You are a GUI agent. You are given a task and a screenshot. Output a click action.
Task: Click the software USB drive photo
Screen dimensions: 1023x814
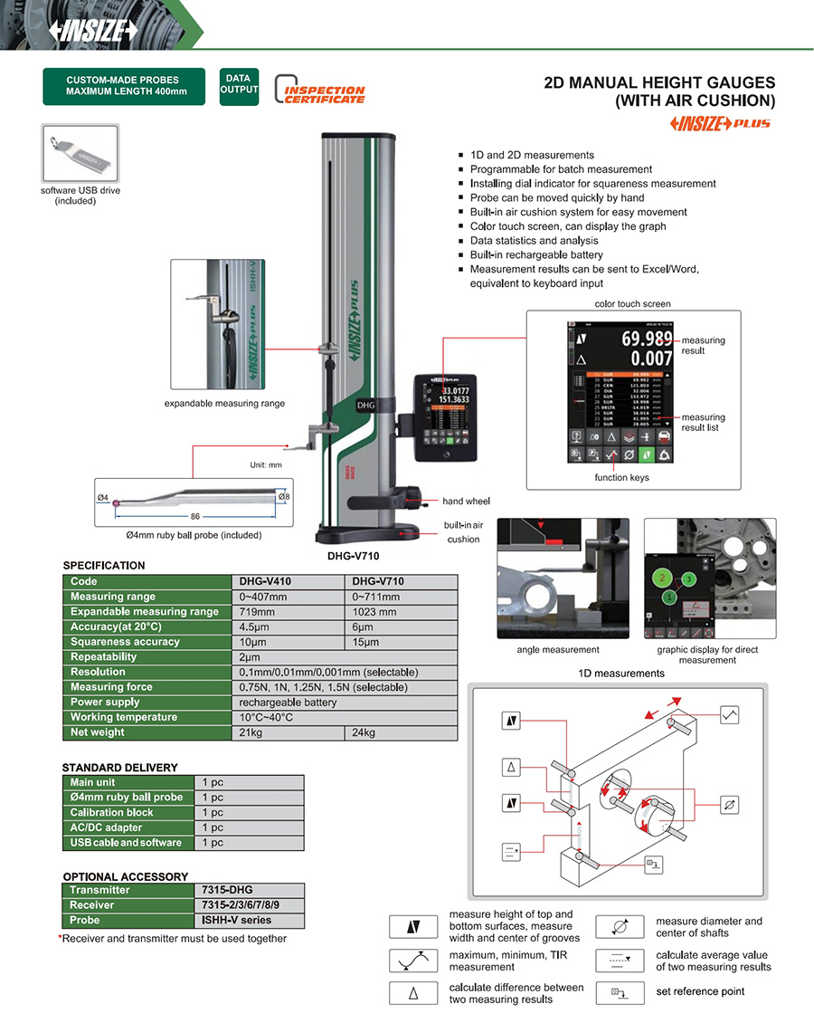(80, 153)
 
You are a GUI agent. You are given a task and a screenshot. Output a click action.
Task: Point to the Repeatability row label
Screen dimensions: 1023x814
(104, 657)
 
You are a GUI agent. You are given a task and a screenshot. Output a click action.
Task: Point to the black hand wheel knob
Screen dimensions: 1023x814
(414, 494)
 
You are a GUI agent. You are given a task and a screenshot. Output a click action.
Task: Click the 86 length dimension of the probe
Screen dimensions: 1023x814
(195, 516)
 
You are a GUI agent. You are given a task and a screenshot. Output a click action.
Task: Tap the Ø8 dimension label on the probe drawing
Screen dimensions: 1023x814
(284, 497)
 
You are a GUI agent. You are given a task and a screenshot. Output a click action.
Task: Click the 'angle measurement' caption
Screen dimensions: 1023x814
(558, 650)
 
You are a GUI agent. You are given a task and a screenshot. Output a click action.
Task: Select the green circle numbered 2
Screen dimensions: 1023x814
(663, 577)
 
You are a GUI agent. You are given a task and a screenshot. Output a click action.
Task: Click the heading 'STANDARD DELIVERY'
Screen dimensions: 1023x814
(120, 767)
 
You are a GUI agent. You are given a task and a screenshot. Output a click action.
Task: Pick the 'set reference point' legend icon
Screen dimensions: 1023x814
(620, 991)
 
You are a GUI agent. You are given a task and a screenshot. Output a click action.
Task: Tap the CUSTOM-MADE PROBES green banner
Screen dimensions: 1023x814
(124, 86)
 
